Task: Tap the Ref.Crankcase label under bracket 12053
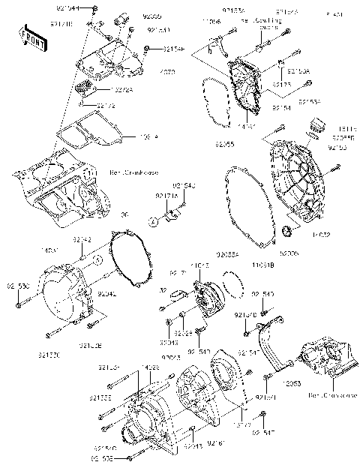tap(335, 395)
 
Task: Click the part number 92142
tap(82, 238)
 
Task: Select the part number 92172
tap(105, 106)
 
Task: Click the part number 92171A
tap(165, 196)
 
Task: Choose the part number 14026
tap(151, 367)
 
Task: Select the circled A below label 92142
tap(97, 259)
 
